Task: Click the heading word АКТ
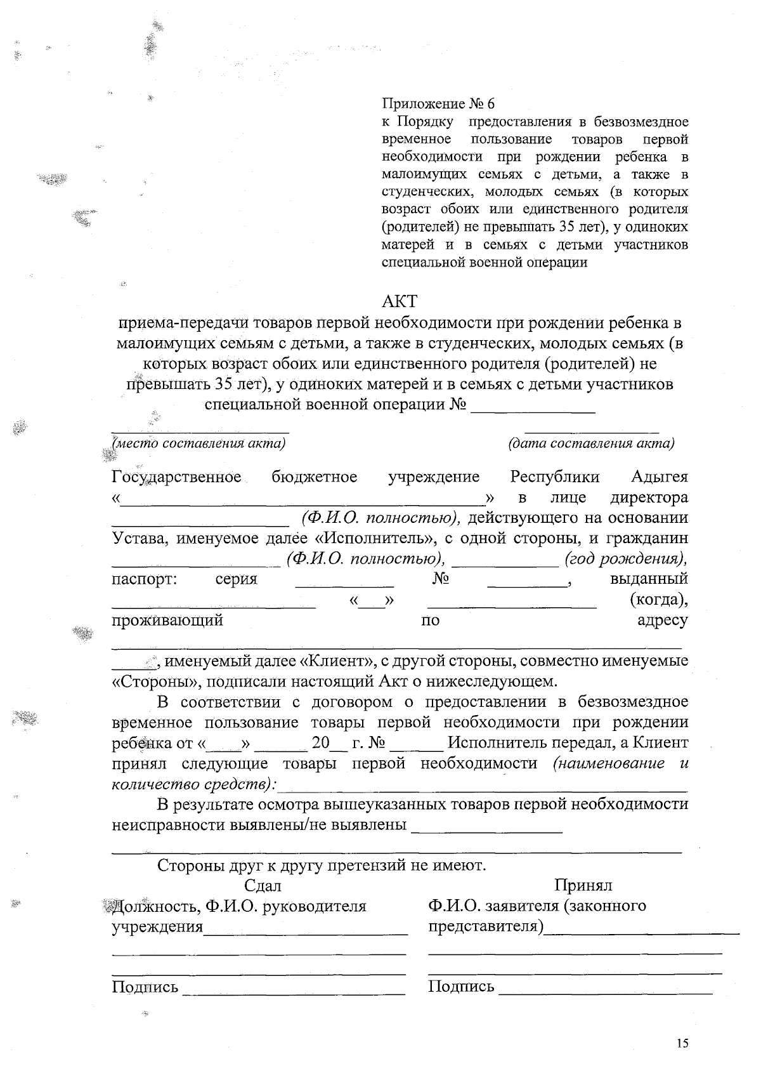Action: point(400,300)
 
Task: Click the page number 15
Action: point(682,1043)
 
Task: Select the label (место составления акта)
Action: point(198,443)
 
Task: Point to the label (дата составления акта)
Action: point(591,443)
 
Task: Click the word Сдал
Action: point(263,885)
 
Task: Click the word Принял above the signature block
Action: point(583,885)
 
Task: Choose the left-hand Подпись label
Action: point(145,987)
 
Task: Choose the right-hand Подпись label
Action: point(461,987)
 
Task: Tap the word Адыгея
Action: point(660,477)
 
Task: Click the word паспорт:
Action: point(145,579)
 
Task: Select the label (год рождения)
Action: point(625,559)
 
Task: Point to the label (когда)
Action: point(659,600)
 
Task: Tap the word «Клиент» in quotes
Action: point(336,661)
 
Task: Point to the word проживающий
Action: point(167,621)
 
